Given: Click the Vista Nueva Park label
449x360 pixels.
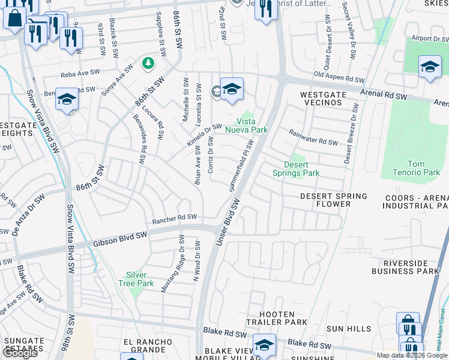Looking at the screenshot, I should (246, 125).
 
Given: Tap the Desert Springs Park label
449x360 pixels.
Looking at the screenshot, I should (295, 169).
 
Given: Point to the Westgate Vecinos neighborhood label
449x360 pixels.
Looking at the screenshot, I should (322, 98).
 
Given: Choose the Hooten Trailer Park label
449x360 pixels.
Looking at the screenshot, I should (277, 318).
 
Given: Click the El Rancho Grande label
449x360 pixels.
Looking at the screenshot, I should (144, 346).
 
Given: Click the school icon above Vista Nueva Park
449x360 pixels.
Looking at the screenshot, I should (232, 89).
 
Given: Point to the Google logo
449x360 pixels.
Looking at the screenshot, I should (20, 353).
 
